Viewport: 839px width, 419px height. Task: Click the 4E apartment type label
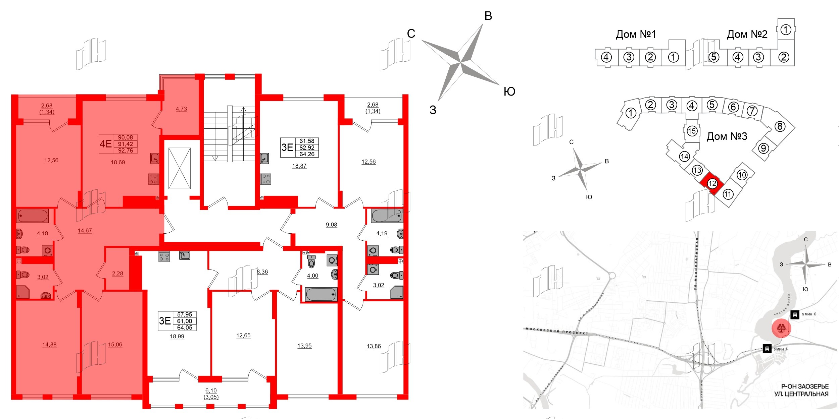pos(106,144)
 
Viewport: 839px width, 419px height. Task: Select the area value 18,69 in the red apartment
pos(118,163)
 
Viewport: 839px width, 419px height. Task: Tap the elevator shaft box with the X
pos(180,169)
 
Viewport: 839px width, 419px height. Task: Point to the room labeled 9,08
pos(331,225)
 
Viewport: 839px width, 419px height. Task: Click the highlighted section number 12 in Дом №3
pos(712,184)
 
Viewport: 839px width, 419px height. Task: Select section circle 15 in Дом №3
pos(692,131)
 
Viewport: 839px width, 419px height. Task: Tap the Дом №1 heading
pos(636,34)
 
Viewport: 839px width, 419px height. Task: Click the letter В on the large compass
pos(488,16)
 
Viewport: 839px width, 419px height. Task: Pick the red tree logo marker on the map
pos(781,328)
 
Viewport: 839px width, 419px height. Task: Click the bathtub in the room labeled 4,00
pos(320,295)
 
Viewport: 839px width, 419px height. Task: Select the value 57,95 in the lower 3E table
pos(185,314)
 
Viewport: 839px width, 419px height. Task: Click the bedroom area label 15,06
pos(115,345)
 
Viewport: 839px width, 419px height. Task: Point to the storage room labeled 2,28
pos(117,274)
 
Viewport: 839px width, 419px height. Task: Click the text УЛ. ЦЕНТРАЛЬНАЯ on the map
pos(801,394)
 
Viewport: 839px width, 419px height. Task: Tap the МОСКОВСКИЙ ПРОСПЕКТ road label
pos(557,331)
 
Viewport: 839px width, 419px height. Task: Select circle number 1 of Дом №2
pos(786,30)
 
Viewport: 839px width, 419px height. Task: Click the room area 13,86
pos(374,346)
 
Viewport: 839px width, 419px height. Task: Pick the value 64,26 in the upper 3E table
pos(307,154)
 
